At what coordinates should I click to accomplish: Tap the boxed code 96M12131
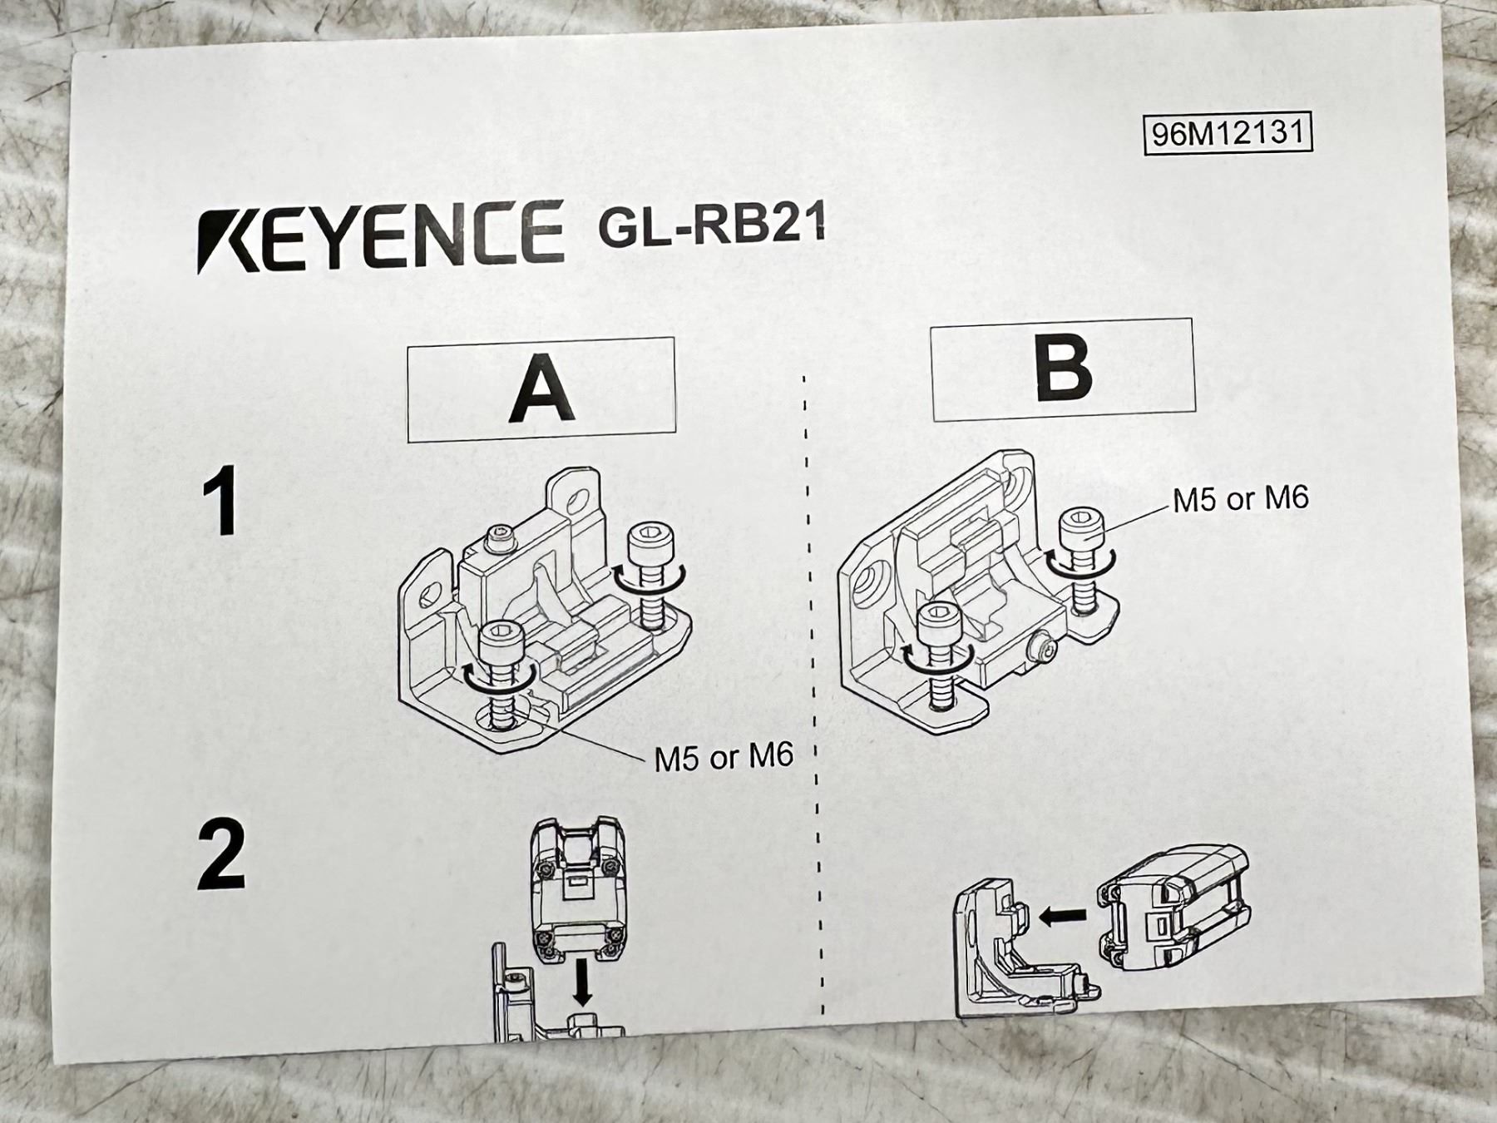(x=1228, y=132)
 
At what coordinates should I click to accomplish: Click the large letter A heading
(x=542, y=388)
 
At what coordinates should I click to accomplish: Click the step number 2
(x=222, y=855)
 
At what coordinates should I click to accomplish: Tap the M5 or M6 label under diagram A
(x=724, y=758)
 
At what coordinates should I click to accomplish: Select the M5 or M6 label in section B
(x=1241, y=499)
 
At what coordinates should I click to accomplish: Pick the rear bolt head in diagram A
(x=650, y=544)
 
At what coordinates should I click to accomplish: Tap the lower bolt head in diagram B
(x=940, y=621)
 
